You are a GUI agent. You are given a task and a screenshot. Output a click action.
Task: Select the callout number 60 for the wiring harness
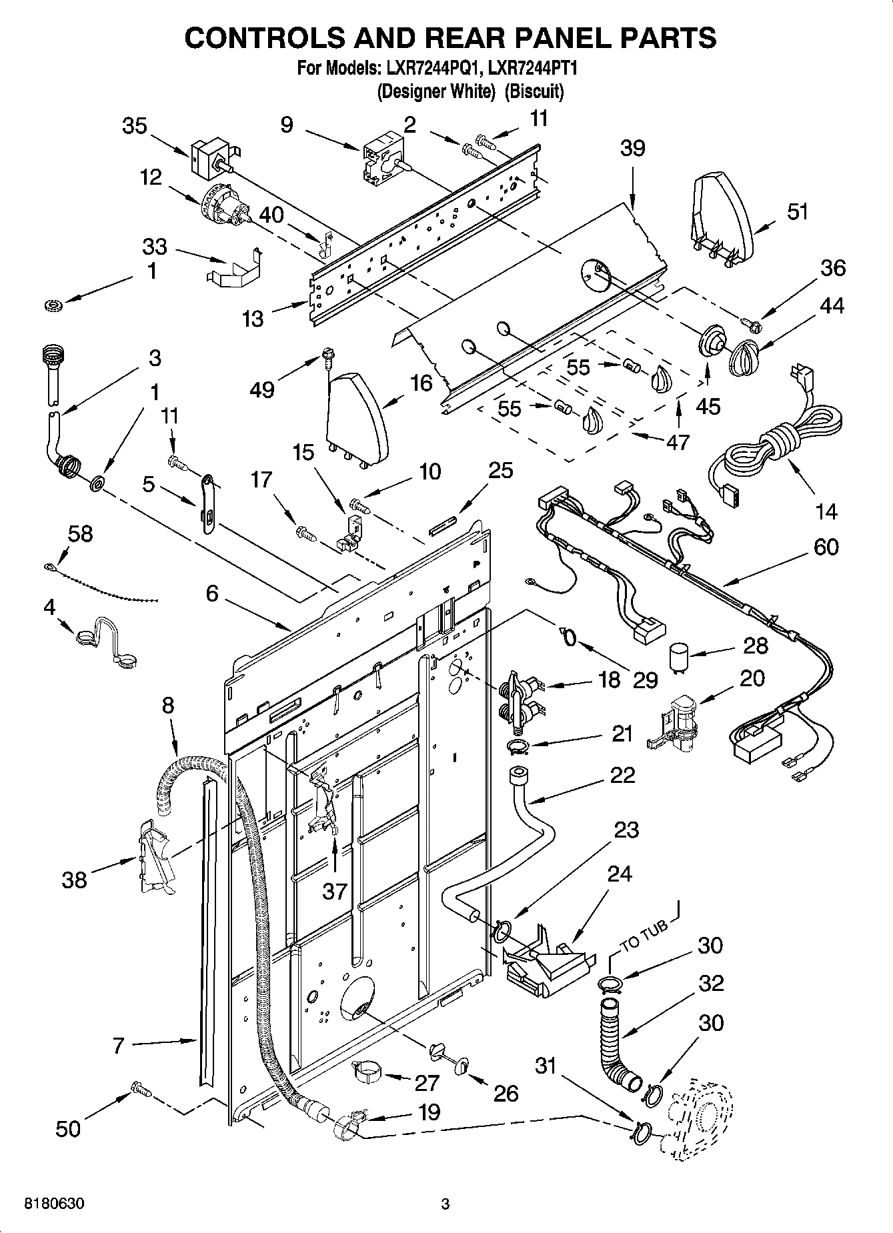pos(826,547)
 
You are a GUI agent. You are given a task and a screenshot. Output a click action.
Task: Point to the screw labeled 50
pos(141,1089)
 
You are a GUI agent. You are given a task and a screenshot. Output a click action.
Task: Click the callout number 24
pos(620,873)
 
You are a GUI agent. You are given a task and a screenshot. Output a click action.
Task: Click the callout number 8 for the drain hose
pos(167,705)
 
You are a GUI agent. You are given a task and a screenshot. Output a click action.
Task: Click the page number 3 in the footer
pos(445,1204)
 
